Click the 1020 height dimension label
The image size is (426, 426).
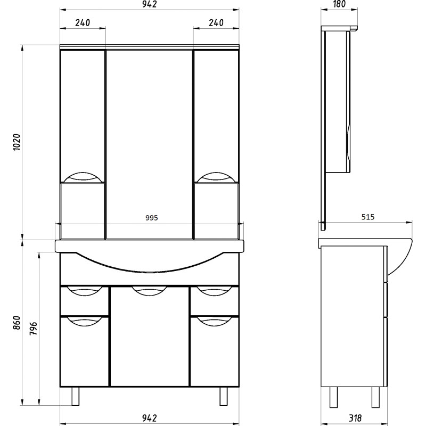coord(17,142)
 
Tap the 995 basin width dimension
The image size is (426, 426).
coord(151,218)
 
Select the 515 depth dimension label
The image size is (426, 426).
coord(368,217)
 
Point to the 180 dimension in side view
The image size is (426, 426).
coord(339,4)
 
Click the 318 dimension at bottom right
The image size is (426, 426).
coord(355,418)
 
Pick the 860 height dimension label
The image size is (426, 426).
coord(17,323)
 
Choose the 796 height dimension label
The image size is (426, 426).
coord(33,329)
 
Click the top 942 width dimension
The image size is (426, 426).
coord(150,4)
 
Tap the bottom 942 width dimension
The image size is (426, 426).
coord(150,418)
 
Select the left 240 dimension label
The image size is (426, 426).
coord(83,22)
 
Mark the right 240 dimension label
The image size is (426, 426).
coord(216,22)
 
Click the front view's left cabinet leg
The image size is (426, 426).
coord(75,396)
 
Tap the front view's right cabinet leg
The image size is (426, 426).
coord(224,396)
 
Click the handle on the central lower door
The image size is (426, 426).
coord(150,291)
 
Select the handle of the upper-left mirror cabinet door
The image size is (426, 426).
coord(83,177)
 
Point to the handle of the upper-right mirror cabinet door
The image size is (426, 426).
coord(216,177)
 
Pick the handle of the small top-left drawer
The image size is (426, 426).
coord(84,291)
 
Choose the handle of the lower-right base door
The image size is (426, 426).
coord(215,321)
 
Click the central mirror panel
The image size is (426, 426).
coord(150,144)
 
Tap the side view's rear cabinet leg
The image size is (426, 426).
coord(333,397)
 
